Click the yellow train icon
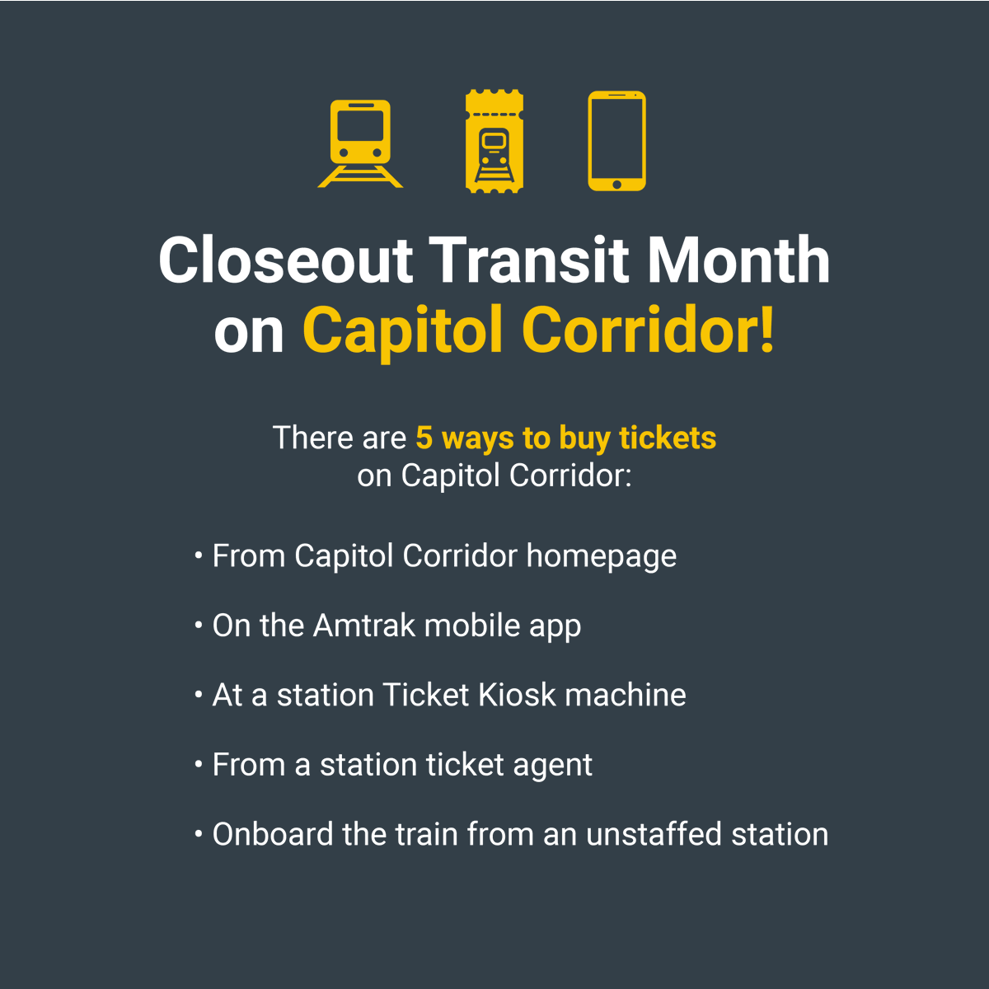click(x=360, y=143)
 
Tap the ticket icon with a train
click(x=494, y=142)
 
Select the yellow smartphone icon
click(x=616, y=141)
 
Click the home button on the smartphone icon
click(x=616, y=182)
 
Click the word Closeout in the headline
click(x=285, y=260)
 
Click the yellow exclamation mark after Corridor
click(x=767, y=330)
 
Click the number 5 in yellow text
click(x=424, y=438)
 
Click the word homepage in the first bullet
click(x=601, y=557)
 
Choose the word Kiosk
click(x=517, y=695)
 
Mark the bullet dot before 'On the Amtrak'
click(x=199, y=626)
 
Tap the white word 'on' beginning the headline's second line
click(x=249, y=331)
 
